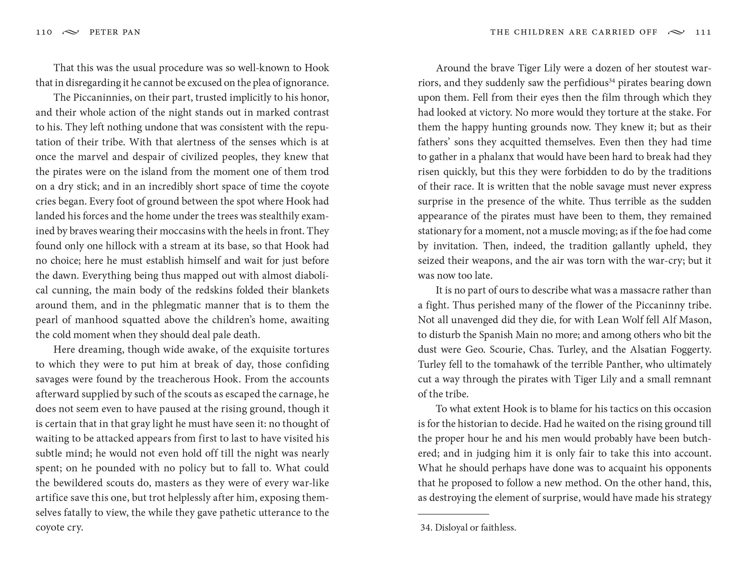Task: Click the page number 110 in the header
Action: [x=44, y=32]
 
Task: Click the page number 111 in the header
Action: [x=703, y=32]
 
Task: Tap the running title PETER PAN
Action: [x=115, y=32]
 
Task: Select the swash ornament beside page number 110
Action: [x=71, y=32]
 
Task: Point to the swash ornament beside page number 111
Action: [x=676, y=32]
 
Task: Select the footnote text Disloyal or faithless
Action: [x=475, y=527]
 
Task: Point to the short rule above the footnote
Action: [x=453, y=514]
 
